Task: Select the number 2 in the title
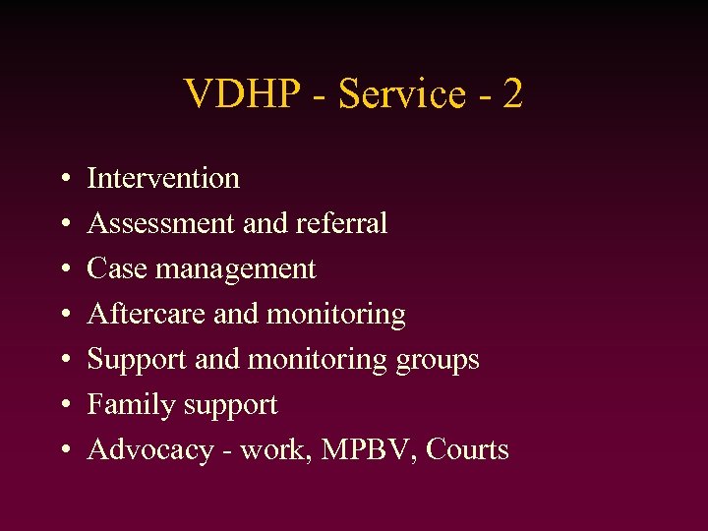point(511,94)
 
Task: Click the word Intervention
point(163,178)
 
